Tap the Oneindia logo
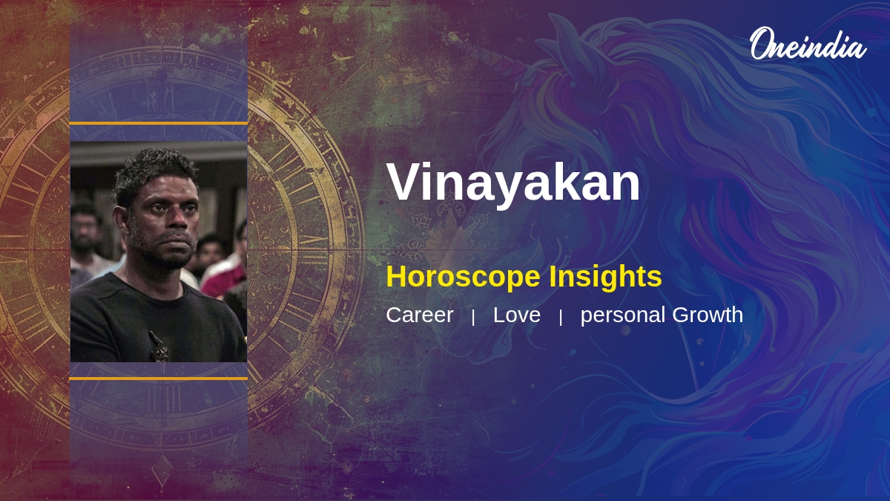pos(808,44)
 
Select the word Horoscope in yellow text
pos(463,277)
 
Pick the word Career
pos(420,315)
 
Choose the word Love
pos(516,315)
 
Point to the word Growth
pos(708,315)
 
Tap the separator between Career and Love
pos(473,318)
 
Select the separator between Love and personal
pos(561,318)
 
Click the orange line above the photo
pos(159,124)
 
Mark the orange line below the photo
pos(159,379)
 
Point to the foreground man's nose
pos(179,223)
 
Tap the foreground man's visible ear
pos(120,220)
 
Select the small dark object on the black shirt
pos(159,346)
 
